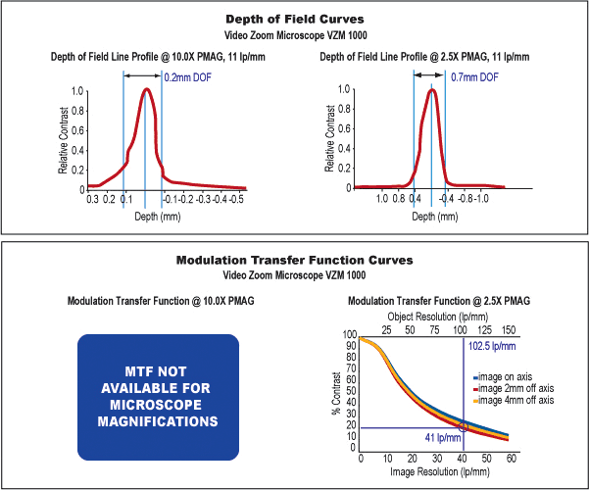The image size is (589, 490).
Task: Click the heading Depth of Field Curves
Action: point(294,19)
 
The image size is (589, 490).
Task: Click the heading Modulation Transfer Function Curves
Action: point(294,261)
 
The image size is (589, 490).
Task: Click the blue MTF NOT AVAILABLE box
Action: point(158,397)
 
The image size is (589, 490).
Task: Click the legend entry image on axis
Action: point(515,377)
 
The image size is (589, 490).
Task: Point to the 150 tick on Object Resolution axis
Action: point(508,329)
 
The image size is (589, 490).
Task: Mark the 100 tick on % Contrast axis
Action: point(351,335)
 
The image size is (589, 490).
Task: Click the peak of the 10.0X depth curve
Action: point(146,90)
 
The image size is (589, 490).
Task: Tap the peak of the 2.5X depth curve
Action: point(431,91)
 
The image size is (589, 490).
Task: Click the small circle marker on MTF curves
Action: point(463,427)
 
